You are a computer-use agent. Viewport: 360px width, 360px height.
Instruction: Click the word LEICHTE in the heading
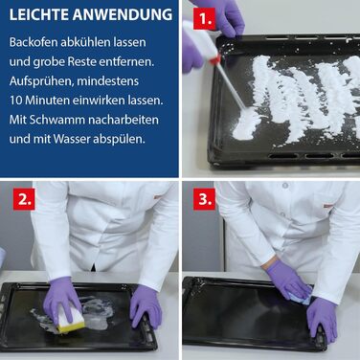click(38, 15)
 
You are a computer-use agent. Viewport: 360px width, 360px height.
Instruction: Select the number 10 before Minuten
click(15, 101)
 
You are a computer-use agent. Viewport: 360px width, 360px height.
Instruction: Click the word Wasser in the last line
click(72, 140)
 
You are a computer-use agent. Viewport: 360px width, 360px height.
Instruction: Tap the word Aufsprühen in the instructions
click(41, 81)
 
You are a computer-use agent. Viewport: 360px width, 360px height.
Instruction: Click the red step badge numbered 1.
click(205, 19)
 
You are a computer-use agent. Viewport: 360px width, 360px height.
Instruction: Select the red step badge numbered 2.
click(24, 199)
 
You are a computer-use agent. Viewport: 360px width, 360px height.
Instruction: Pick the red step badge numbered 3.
click(204, 199)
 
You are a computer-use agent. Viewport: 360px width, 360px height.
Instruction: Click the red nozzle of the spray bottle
click(215, 59)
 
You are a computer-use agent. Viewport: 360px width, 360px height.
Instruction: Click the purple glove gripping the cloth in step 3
click(287, 279)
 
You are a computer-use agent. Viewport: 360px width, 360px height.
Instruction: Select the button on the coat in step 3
click(285, 186)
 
